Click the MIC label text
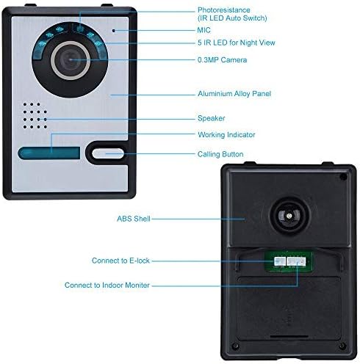[204, 30]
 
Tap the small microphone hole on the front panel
[114, 31]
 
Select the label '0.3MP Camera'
[222, 60]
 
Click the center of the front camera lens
[71, 60]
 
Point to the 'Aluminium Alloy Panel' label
[234, 94]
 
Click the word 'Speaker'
[211, 118]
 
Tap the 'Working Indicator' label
[226, 134]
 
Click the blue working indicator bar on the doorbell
[49, 153]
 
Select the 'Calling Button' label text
[220, 154]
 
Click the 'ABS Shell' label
[134, 219]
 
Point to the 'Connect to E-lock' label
[120, 261]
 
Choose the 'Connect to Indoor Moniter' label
[107, 285]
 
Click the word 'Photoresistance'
[224, 10]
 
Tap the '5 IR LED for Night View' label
[237, 43]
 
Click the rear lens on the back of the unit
[289, 216]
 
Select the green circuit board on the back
[289, 261]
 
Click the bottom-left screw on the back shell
[236, 346]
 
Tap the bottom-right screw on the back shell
[342, 346]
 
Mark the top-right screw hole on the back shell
[344, 177]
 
